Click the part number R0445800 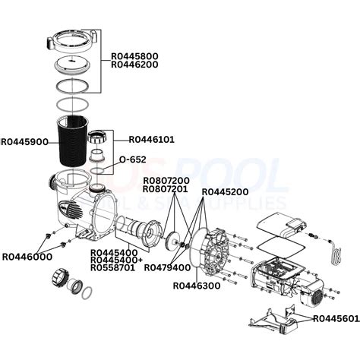(135, 55)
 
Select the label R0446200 (135, 65)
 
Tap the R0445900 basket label (25, 141)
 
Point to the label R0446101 (153, 139)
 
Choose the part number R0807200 (166, 179)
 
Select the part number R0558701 (114, 268)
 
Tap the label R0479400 (170, 268)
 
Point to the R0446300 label (197, 286)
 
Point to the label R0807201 (166, 188)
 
